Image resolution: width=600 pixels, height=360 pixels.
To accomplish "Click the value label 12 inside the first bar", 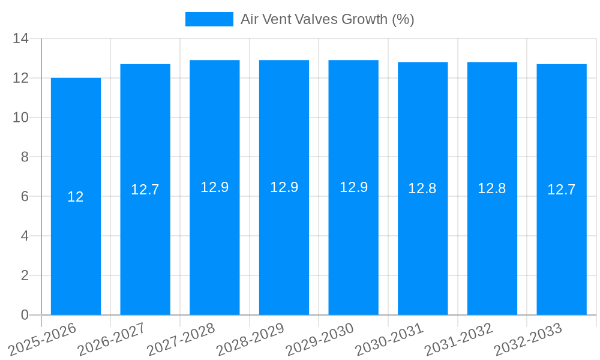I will (x=76, y=197).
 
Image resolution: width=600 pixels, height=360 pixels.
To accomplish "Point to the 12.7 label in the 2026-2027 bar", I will (x=145, y=190).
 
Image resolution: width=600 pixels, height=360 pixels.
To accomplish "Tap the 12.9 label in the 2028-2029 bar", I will (x=284, y=187).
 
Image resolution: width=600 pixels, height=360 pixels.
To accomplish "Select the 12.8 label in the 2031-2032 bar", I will (x=492, y=188).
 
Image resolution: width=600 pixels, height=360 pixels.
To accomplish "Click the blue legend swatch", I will (x=209, y=19).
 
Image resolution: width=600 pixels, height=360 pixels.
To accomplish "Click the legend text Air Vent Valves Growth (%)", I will (x=328, y=19).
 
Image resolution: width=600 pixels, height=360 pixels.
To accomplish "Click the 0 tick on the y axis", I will (x=25, y=315).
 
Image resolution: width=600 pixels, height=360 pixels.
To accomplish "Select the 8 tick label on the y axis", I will (x=25, y=157).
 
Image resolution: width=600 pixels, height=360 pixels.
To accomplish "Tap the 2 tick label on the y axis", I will (x=25, y=275).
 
